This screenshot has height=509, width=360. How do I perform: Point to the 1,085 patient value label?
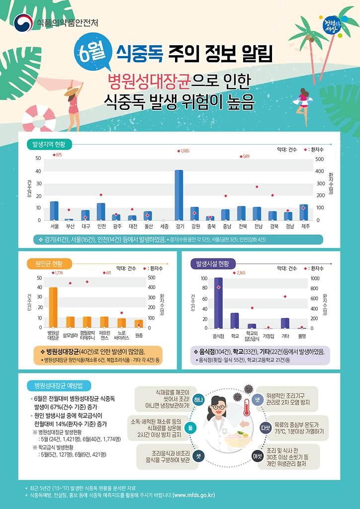(184, 151)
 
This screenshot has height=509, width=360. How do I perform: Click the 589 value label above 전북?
(245, 156)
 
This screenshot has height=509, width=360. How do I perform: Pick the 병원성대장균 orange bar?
(53, 307)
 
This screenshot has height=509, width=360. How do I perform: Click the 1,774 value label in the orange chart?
(57, 273)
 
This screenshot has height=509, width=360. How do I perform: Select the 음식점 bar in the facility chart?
(218, 303)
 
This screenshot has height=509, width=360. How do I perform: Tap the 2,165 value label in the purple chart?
(240, 273)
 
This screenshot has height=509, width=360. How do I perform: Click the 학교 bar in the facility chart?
(235, 321)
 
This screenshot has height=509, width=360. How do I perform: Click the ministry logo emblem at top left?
(23, 22)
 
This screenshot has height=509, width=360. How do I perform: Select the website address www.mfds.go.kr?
(200, 496)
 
